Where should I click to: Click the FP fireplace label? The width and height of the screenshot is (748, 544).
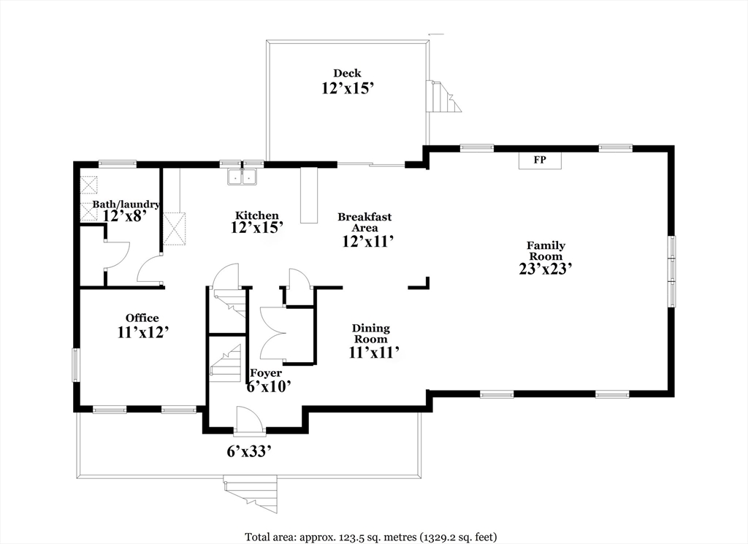click(540, 160)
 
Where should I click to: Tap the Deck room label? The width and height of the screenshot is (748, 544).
click(347, 73)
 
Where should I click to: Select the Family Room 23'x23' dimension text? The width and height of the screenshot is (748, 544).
click(546, 269)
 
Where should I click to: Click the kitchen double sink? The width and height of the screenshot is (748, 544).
click(243, 177)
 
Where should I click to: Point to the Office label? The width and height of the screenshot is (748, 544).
click(142, 318)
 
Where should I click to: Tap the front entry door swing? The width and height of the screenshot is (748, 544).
click(249, 420)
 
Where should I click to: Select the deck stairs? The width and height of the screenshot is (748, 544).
click(444, 96)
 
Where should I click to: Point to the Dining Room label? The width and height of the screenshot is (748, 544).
click(371, 334)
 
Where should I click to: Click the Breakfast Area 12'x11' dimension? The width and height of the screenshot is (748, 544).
click(367, 241)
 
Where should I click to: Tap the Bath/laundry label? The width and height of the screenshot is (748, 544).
click(126, 204)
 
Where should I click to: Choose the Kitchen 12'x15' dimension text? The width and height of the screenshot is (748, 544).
click(257, 227)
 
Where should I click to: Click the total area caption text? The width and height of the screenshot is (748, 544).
click(371, 537)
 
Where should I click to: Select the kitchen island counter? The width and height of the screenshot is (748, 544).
click(309, 195)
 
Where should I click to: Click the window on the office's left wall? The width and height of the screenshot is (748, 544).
click(75, 365)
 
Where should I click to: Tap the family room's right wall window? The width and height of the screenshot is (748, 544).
click(672, 270)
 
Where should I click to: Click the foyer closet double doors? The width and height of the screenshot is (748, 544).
click(272, 333)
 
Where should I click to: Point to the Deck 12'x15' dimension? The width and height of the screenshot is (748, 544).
click(347, 88)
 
